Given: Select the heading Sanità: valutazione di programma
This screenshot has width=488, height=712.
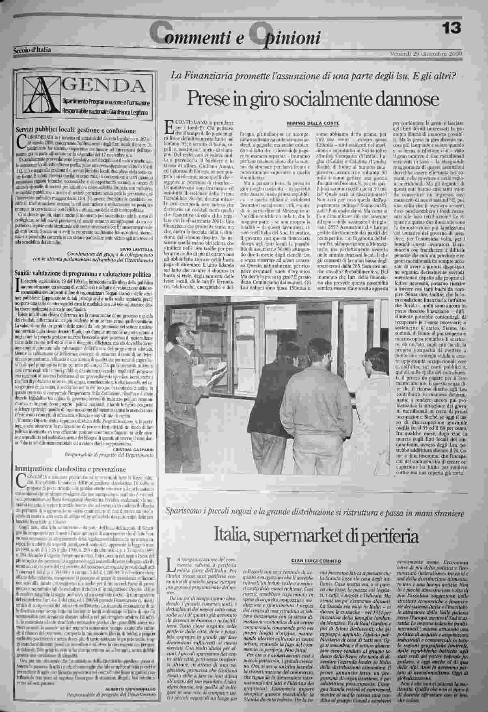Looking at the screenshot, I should point(83,275).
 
